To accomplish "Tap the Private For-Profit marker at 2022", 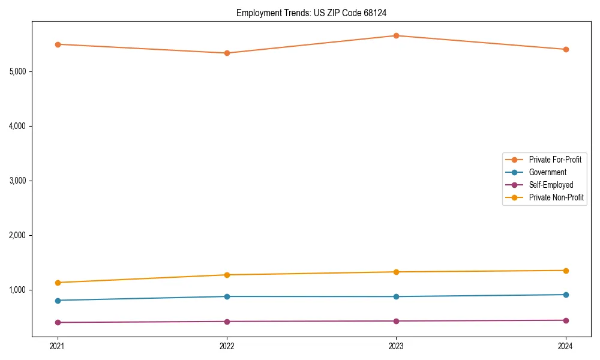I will tap(227, 53).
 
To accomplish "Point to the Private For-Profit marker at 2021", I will tap(58, 44).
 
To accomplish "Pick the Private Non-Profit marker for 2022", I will tap(227, 275).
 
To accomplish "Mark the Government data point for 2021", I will tap(58, 301).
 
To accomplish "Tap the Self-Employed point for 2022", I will tap(227, 322).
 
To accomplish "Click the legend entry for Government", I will tap(547, 172).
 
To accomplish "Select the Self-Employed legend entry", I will tap(551, 185).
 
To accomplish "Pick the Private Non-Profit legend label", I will tap(556, 197).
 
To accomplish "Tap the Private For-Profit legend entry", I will tap(555, 160).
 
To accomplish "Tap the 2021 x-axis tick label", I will tap(58, 346).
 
